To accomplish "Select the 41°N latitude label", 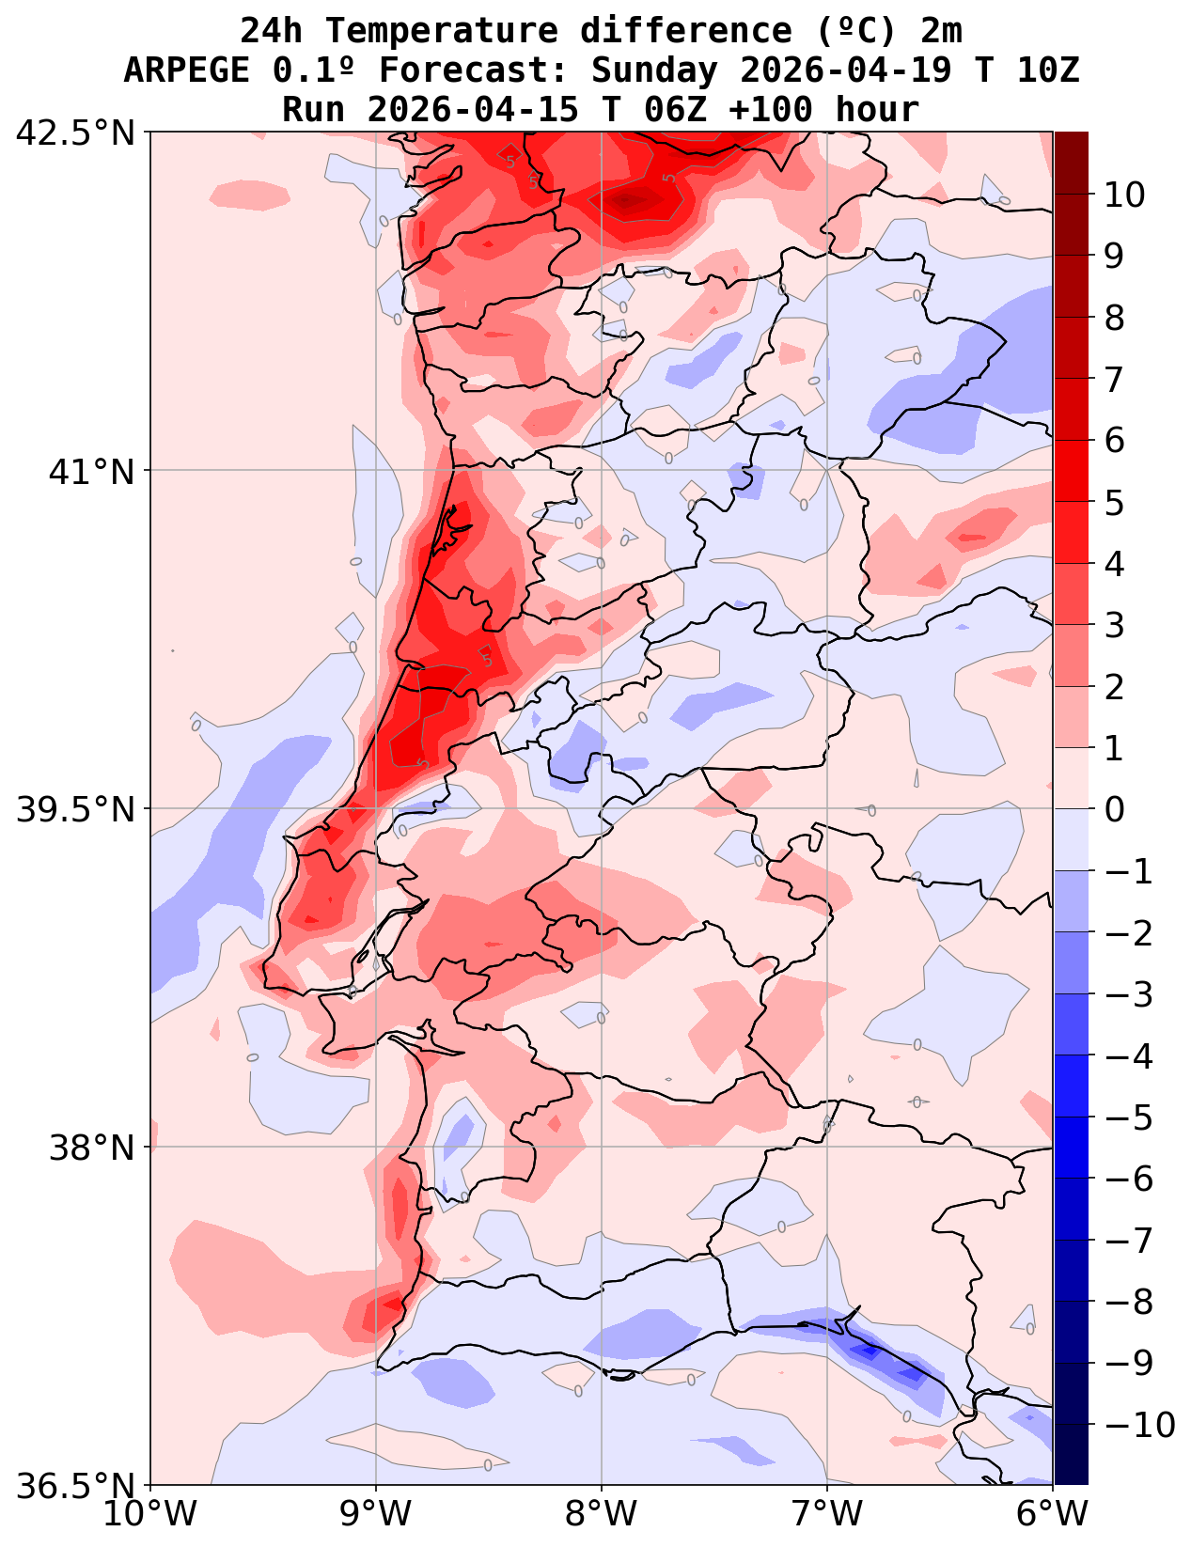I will click(92, 471).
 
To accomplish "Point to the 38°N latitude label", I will click(92, 1148).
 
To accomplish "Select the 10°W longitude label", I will click(150, 1514).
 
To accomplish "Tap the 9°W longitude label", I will click(376, 1514).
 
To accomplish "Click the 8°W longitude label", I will click(602, 1514).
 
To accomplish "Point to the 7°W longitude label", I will click(827, 1514).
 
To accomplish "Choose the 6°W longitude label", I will click(1053, 1514).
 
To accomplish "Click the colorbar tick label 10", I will click(1124, 195).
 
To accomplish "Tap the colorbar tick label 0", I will click(1114, 809).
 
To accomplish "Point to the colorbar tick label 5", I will click(1114, 503).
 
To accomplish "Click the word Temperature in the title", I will click(441, 31).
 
